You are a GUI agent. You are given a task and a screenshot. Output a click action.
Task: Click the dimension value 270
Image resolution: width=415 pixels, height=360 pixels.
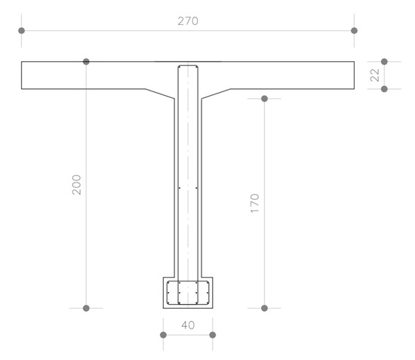coord(188,21)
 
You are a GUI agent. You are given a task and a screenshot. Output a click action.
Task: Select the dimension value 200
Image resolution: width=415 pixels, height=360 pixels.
coord(77,185)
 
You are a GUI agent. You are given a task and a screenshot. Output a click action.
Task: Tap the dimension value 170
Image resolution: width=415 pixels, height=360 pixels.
coord(255,204)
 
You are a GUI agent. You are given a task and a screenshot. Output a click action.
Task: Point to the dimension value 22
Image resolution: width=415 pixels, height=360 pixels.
coord(375,75)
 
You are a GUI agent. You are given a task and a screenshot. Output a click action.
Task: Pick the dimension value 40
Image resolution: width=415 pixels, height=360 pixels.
coord(188,325)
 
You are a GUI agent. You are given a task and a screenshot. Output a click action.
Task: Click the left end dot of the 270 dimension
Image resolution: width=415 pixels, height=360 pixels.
coord(22,31)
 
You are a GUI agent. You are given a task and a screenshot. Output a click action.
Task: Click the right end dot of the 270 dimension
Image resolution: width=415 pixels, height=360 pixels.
coord(354,31)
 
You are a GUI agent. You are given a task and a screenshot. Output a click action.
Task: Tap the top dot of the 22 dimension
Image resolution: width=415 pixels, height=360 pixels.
coord(384,62)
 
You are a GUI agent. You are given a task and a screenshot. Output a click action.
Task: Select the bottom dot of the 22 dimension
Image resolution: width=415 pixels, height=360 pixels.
coord(384,89)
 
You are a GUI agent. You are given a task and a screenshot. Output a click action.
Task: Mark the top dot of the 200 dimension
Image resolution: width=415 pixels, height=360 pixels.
coord(86,62)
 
